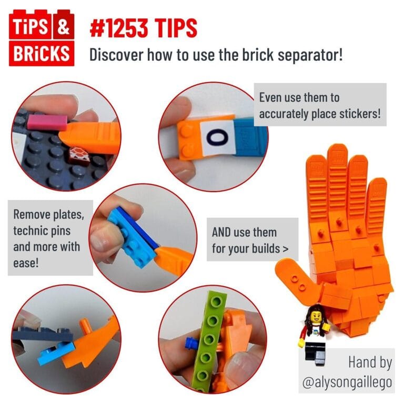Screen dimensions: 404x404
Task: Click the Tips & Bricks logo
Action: click(x=42, y=39)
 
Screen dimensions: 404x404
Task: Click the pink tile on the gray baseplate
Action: click(x=47, y=123)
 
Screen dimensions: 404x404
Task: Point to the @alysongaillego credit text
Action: click(x=347, y=383)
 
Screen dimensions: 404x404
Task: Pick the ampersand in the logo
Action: click(x=64, y=27)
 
